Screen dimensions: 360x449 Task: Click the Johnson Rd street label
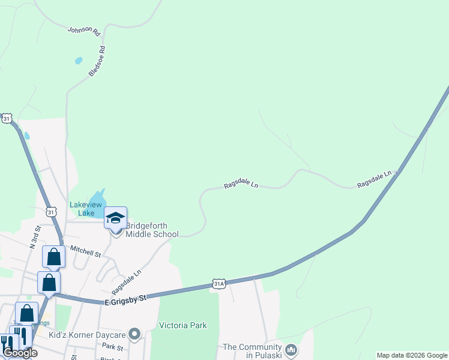(x=83, y=32)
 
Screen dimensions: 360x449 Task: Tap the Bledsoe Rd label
(x=97, y=61)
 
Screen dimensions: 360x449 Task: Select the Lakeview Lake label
(x=91, y=208)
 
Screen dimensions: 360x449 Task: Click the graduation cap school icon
(x=115, y=218)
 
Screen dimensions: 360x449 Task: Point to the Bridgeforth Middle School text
(x=152, y=230)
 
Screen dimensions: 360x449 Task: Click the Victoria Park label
(x=182, y=325)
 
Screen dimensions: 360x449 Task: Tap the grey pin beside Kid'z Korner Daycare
(x=134, y=334)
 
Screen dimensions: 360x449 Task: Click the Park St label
(x=112, y=347)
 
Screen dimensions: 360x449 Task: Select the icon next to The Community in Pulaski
(x=291, y=349)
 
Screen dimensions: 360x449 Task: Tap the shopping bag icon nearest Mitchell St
(x=53, y=257)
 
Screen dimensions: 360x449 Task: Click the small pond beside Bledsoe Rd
(x=79, y=61)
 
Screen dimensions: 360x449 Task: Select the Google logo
(x=20, y=353)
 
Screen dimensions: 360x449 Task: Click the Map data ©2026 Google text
(x=412, y=355)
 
